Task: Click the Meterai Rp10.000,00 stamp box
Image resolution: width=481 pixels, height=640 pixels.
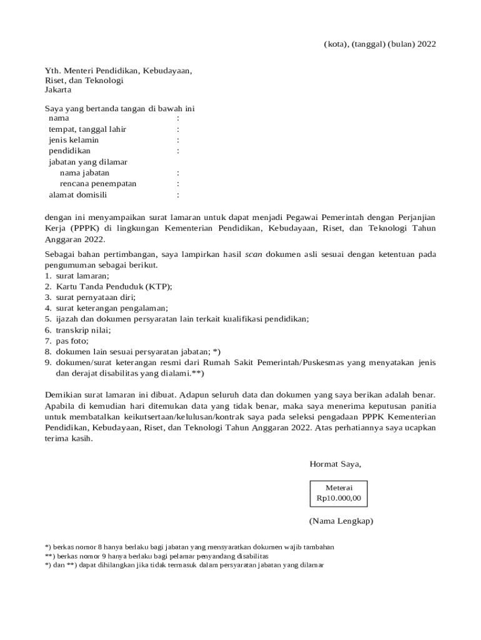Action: [x=339, y=493]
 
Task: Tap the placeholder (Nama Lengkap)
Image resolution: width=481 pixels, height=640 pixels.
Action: [x=340, y=521]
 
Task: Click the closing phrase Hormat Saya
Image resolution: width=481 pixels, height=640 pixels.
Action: [x=335, y=464]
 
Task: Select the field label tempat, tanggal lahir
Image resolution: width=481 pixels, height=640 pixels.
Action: [x=87, y=129]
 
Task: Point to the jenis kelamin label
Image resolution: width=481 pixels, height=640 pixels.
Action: [x=74, y=140]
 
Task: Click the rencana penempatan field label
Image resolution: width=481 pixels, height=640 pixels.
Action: [x=98, y=184]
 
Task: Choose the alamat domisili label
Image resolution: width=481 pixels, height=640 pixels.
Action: [x=78, y=195]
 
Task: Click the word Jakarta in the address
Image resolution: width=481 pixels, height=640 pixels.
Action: [x=58, y=89]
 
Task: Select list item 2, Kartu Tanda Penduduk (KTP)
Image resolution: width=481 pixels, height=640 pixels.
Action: [x=113, y=286]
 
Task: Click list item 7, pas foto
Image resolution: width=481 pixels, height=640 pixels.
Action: [x=72, y=341]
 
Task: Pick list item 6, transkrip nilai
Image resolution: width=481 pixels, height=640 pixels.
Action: [x=83, y=329]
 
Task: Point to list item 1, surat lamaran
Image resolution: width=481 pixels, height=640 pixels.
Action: [x=82, y=276]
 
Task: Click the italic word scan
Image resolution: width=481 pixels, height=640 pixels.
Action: [x=253, y=254]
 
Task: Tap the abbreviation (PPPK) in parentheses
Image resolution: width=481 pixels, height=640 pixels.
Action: [x=83, y=228]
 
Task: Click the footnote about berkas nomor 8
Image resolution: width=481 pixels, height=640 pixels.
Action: [x=189, y=546]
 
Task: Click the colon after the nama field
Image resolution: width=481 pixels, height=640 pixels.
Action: [x=178, y=118]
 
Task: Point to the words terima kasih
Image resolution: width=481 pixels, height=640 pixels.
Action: [x=69, y=439]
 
